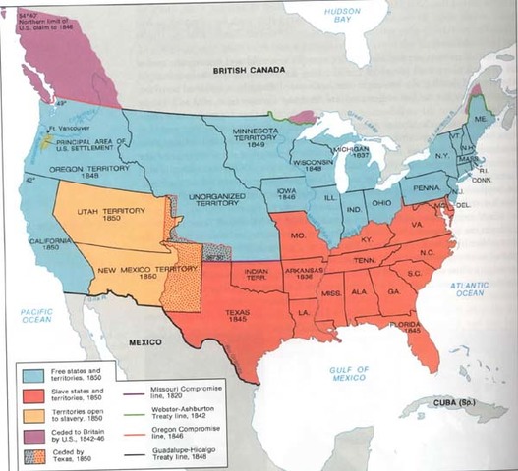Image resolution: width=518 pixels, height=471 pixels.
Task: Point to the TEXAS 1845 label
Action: tap(235, 311)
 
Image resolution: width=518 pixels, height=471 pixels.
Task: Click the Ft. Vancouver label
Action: tap(64, 129)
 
